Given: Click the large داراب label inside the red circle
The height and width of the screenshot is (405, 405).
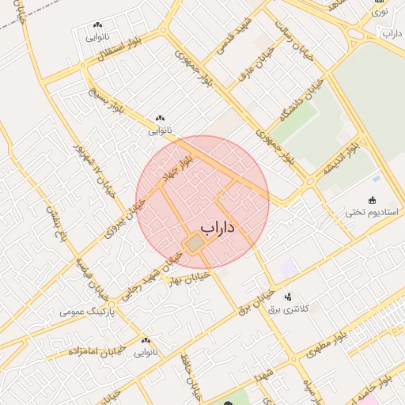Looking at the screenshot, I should pos(219,229).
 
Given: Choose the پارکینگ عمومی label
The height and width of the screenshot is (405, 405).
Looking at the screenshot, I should pos(88,312).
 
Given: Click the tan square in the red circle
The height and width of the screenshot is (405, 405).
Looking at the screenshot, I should pos(195,244).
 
